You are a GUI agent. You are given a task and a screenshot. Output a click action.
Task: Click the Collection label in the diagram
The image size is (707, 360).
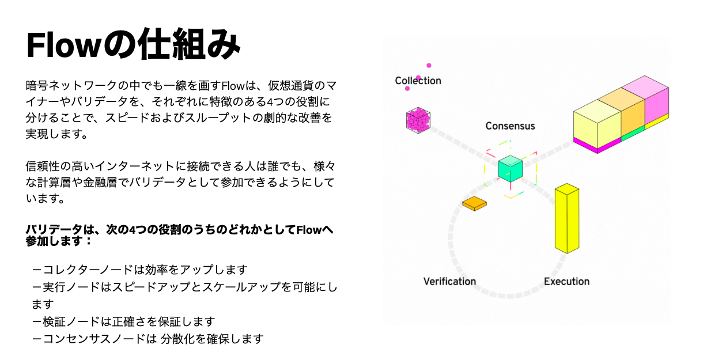tap(418, 81)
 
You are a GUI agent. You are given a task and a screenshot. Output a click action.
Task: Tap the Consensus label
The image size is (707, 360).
tap(510, 126)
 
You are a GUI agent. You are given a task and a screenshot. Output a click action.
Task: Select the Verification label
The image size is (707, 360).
tap(449, 282)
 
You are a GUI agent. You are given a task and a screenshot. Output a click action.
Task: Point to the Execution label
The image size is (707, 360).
tap(566, 282)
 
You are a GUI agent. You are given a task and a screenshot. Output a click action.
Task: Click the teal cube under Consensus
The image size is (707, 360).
tap(511, 169)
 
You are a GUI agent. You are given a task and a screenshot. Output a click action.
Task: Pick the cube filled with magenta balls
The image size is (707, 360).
tap(418, 120)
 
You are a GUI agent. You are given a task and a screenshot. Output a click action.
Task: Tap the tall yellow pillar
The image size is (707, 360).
tap(567, 218)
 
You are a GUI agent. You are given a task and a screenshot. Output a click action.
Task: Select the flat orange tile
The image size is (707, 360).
tap(474, 203)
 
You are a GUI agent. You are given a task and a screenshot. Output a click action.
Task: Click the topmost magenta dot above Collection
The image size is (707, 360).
tap(429, 65)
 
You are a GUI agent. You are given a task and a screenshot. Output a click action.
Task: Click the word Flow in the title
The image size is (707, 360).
tap(63, 45)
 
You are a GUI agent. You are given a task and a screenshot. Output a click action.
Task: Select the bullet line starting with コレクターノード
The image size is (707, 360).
tap(140, 270)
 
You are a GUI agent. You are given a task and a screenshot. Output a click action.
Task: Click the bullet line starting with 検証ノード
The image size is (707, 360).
tap(123, 321)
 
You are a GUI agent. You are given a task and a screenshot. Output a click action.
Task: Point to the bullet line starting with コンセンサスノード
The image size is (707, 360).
tap(148, 339)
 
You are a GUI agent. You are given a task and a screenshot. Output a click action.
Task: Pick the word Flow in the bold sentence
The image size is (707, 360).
tap(309, 230)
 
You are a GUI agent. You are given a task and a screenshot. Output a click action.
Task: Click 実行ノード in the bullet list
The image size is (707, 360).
tap(71, 287)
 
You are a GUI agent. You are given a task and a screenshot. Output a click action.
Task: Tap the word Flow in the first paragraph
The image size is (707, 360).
tap(233, 85)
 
